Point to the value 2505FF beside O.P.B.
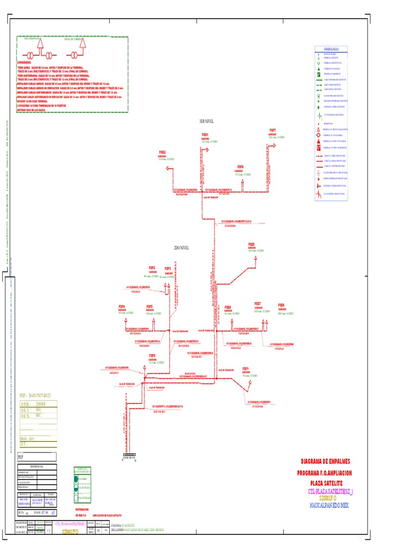pos(41,405)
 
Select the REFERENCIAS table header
pos(37,467)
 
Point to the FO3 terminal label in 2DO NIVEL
pos(168,268)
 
